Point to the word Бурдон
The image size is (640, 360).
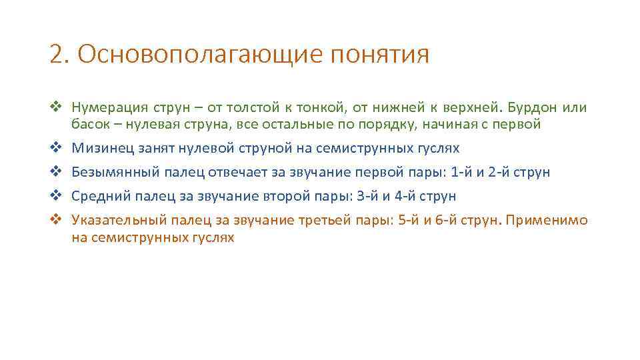tap(531, 108)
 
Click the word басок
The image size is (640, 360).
tap(89, 124)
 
